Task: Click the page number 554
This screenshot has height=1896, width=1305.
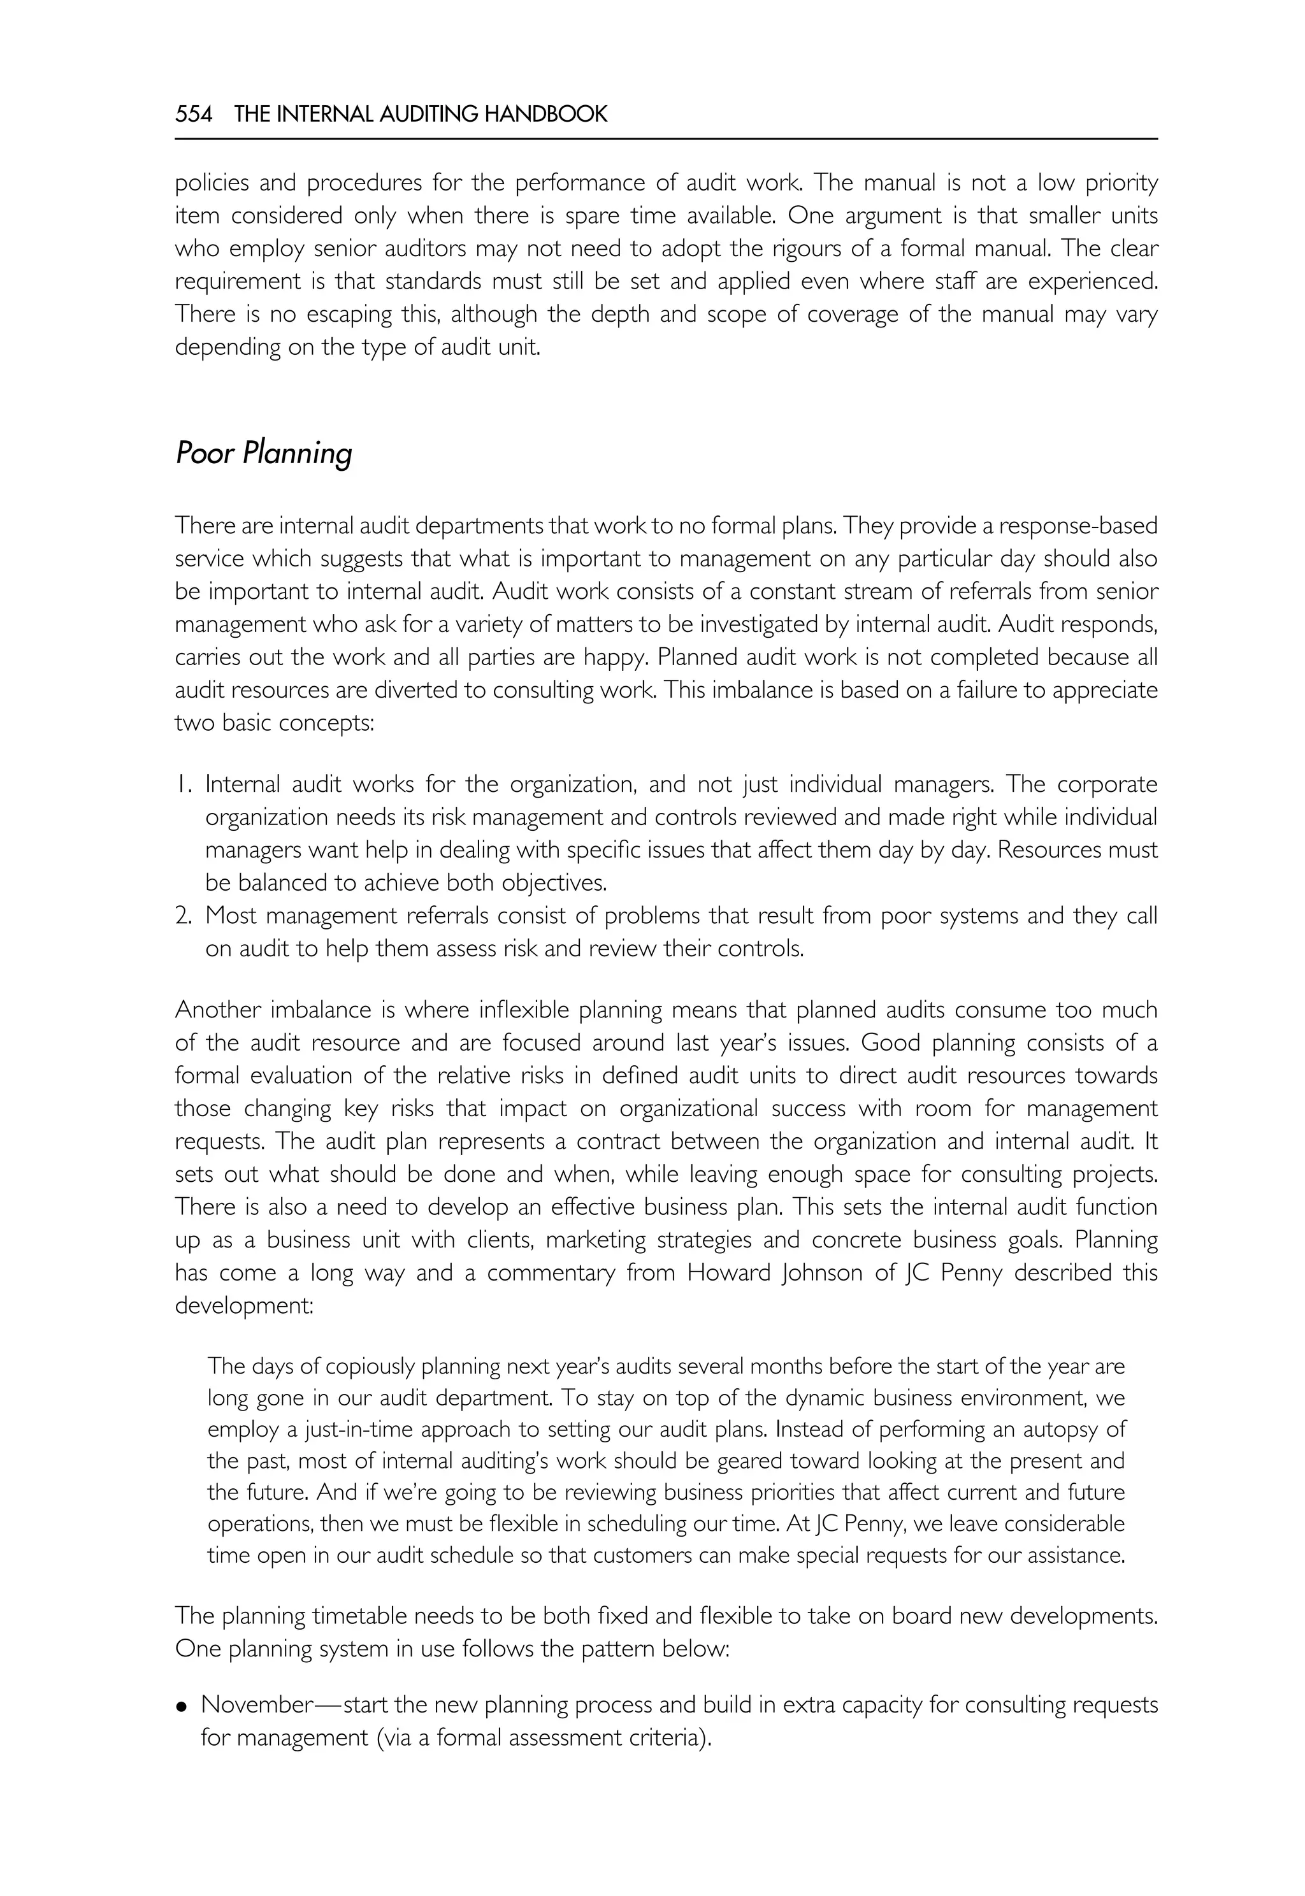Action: pyautogui.click(x=193, y=115)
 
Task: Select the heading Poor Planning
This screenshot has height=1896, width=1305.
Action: pyautogui.click(x=263, y=453)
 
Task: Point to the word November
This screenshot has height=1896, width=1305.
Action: pyautogui.click(x=257, y=1706)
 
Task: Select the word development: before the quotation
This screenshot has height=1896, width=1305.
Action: pyautogui.click(x=243, y=1305)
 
